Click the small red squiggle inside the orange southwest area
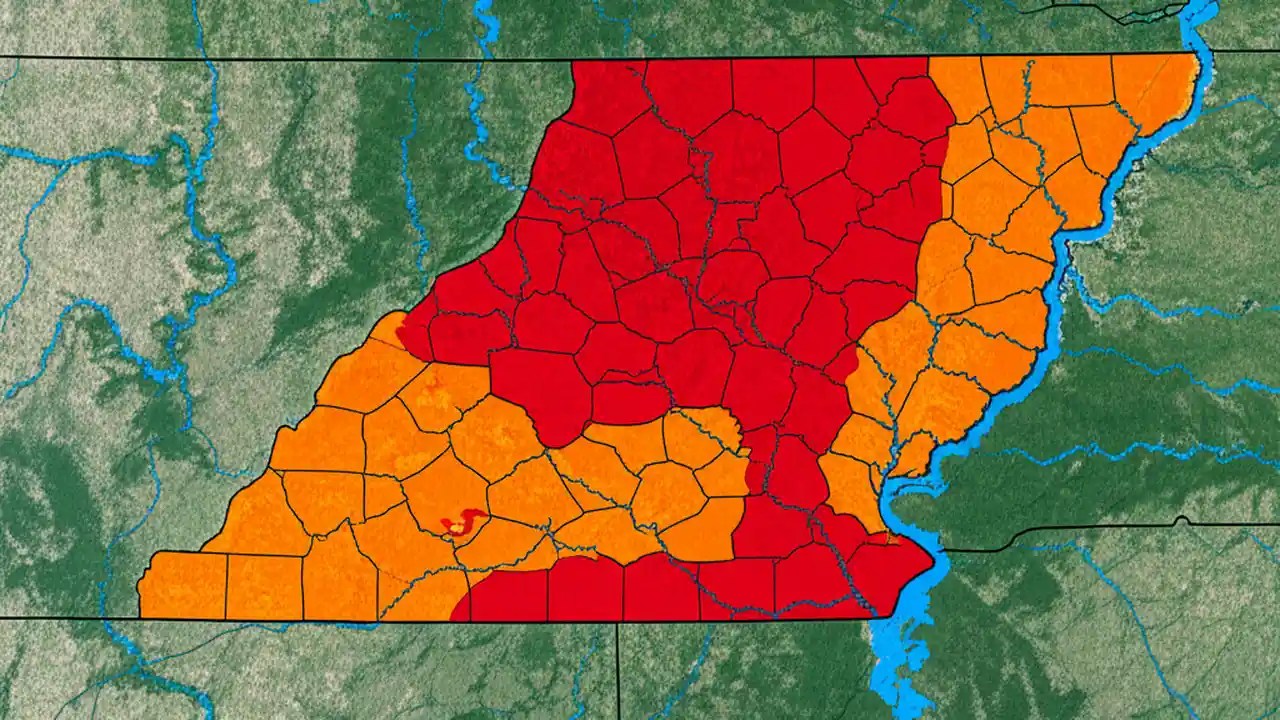pos(462,522)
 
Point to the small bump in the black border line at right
pos(1183,520)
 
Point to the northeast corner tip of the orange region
pos(1197,57)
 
